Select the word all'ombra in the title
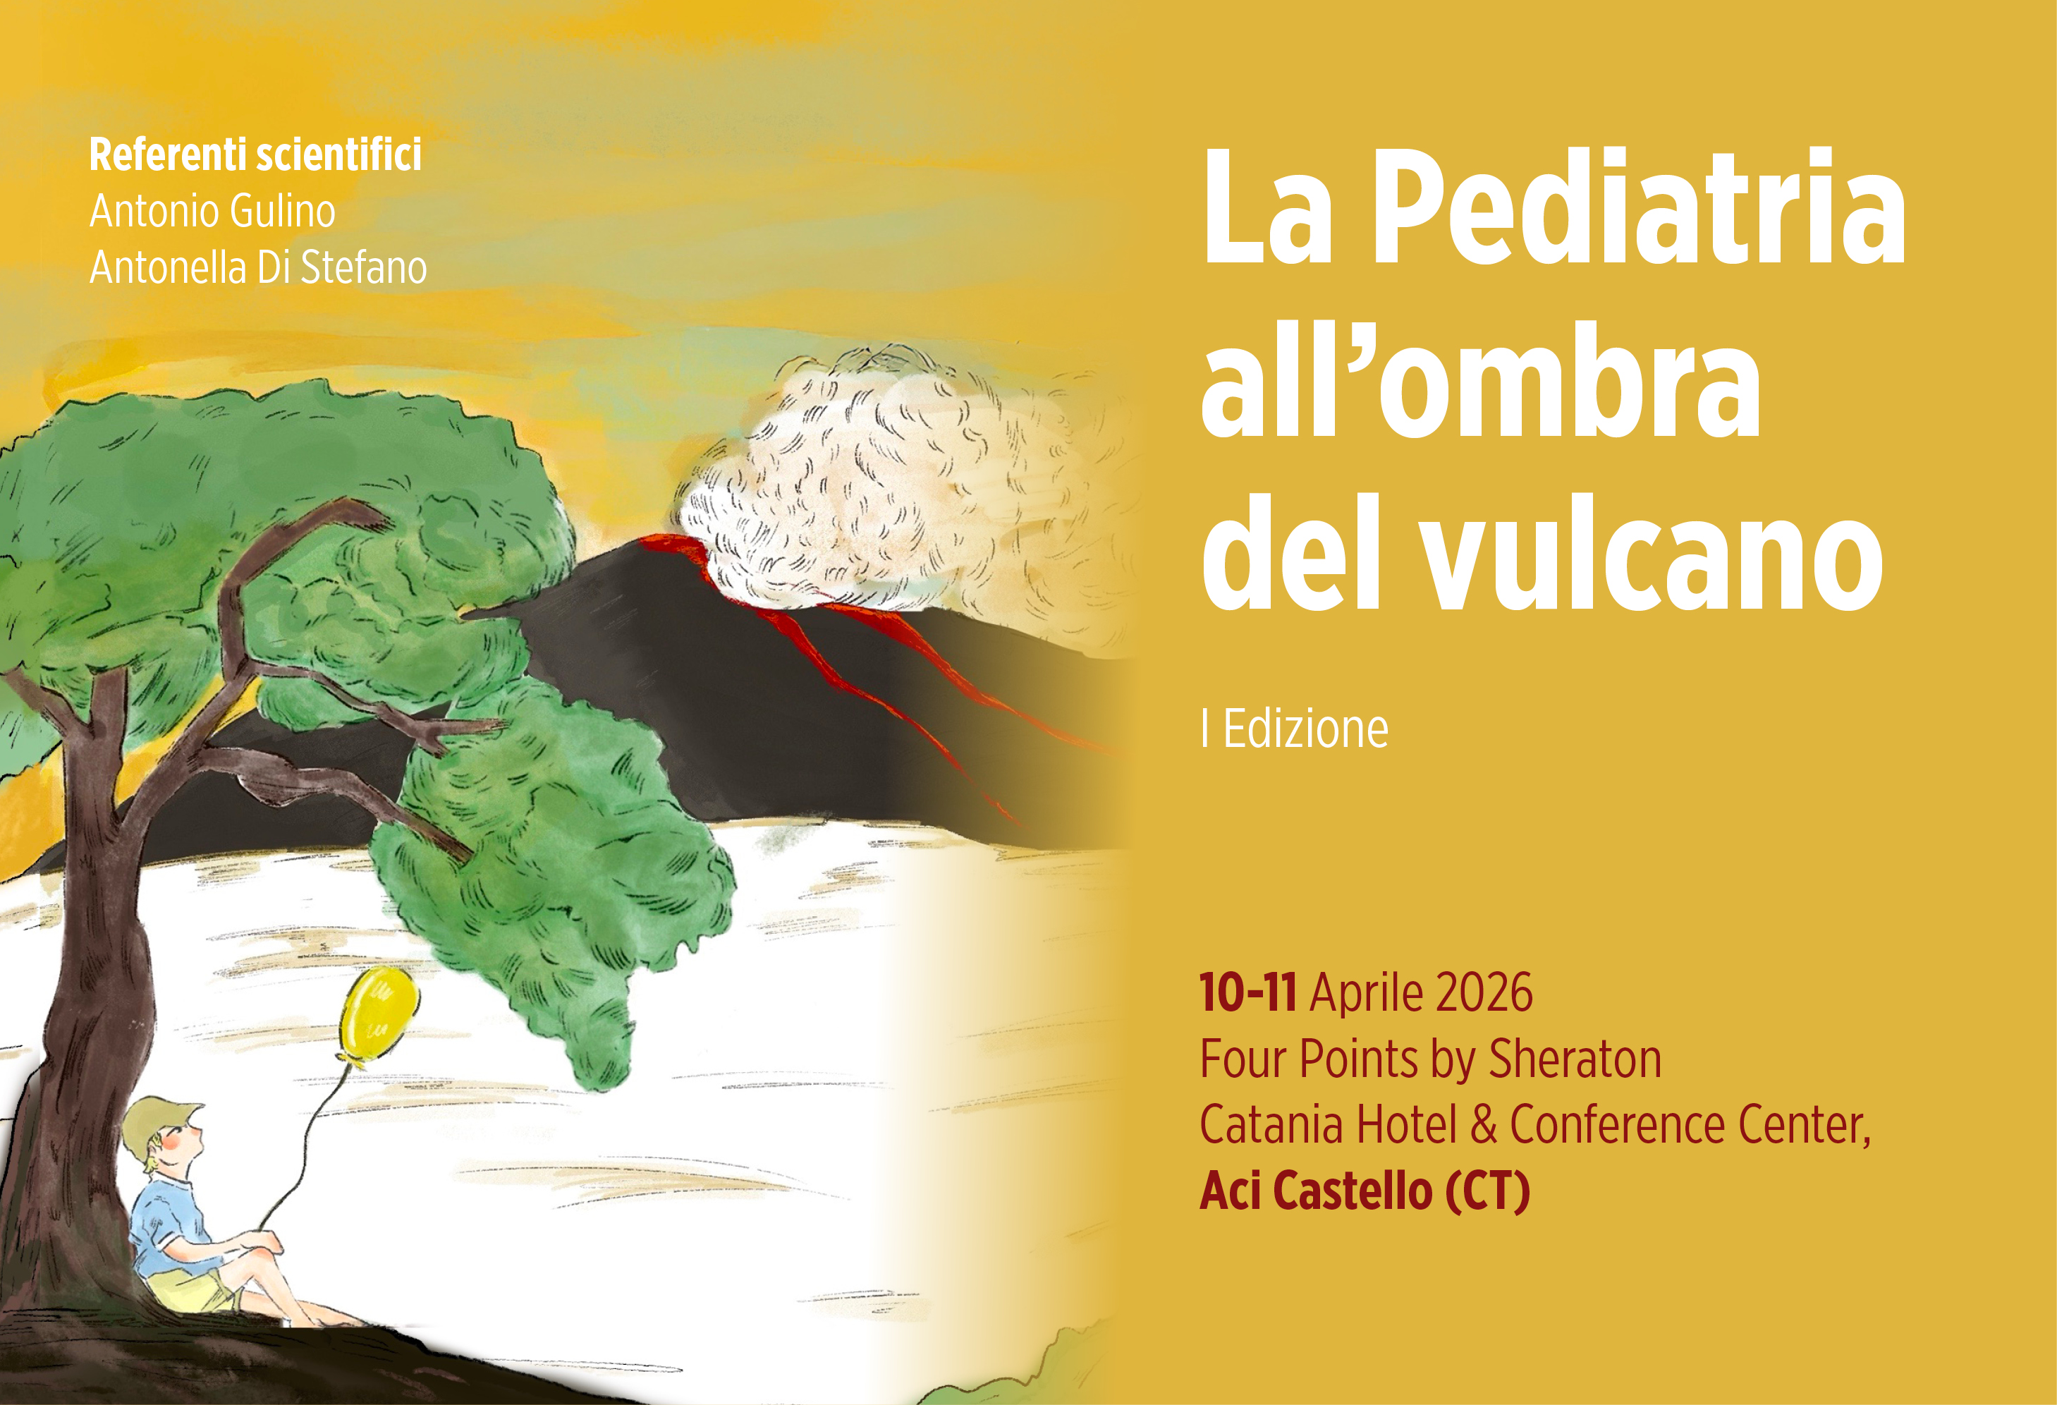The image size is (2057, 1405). pyautogui.click(x=1481, y=381)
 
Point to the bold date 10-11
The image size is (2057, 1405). pyautogui.click(x=1248, y=992)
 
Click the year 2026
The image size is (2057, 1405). pyautogui.click(x=1478, y=992)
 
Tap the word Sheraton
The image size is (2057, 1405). pyautogui.click(x=1575, y=1059)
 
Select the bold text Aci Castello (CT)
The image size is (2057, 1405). pyautogui.click(x=1365, y=1191)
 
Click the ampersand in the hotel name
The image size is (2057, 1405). pyautogui.click(x=1484, y=1125)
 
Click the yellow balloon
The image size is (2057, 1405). pyautogui.click(x=378, y=1014)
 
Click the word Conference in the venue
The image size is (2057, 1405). pyautogui.click(x=1617, y=1125)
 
